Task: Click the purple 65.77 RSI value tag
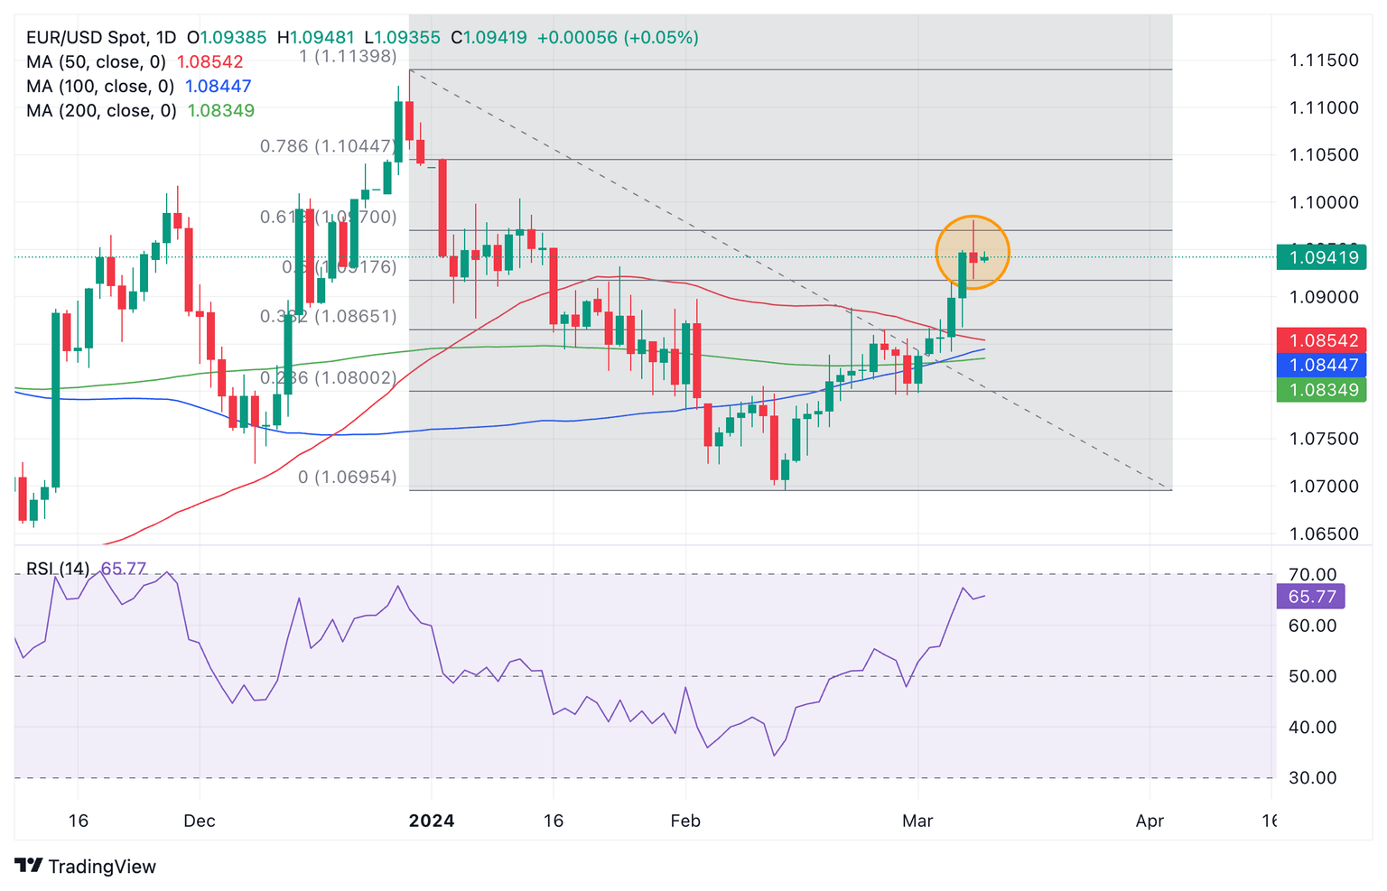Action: (x=1311, y=597)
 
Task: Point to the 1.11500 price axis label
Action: (x=1323, y=60)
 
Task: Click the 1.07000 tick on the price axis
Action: (x=1323, y=486)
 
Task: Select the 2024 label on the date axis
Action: (x=432, y=821)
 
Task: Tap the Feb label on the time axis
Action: (x=685, y=821)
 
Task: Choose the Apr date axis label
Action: (x=1150, y=821)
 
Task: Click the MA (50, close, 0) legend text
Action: (x=97, y=62)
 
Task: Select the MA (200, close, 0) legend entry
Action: (x=101, y=111)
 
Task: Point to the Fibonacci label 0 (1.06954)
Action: (x=348, y=477)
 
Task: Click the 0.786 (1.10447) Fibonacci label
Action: (x=328, y=146)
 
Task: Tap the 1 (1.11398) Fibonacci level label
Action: (x=348, y=56)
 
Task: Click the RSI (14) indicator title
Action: (x=58, y=569)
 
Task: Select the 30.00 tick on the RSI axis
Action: (x=1312, y=777)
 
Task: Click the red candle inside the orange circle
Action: (x=973, y=257)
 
